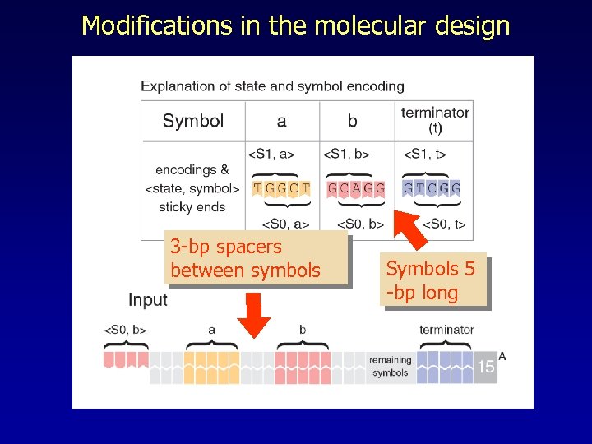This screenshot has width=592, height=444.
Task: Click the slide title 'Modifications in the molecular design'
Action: [x=295, y=25]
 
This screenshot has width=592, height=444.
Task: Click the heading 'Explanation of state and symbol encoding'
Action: [x=272, y=86]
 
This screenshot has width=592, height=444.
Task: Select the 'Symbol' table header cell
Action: [x=193, y=121]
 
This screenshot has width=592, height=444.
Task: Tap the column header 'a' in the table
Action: [x=282, y=121]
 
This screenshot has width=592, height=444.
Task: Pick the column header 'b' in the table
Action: [x=352, y=121]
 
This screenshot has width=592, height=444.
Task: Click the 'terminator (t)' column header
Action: [x=435, y=120]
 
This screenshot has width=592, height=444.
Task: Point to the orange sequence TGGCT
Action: [x=282, y=188]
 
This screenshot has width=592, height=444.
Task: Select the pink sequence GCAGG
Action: [x=355, y=188]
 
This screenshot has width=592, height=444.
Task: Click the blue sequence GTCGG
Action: [x=432, y=188]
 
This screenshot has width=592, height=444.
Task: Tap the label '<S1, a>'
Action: [x=271, y=154]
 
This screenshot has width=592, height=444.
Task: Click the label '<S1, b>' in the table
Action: [x=346, y=154]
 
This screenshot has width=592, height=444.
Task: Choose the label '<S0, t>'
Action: [x=444, y=224]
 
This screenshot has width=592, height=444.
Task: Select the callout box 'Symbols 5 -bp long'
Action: [x=432, y=280]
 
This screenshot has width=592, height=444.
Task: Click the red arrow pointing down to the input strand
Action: [x=254, y=316]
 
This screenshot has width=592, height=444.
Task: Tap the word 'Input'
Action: [x=148, y=300]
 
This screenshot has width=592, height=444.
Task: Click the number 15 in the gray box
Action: [x=486, y=367]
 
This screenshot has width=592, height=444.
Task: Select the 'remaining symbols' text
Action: [x=390, y=367]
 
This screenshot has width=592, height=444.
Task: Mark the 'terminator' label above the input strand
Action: [x=446, y=330]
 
